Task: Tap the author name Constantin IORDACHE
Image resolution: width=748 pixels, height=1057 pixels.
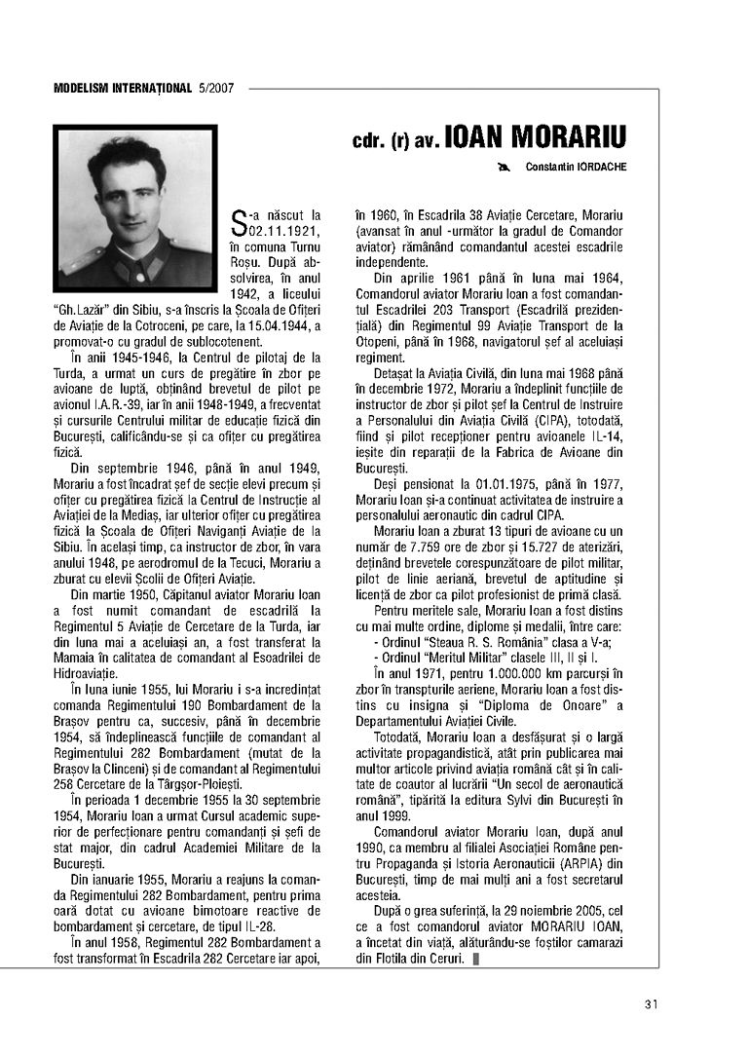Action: [576, 167]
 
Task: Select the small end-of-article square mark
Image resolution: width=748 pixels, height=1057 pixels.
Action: [474, 960]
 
